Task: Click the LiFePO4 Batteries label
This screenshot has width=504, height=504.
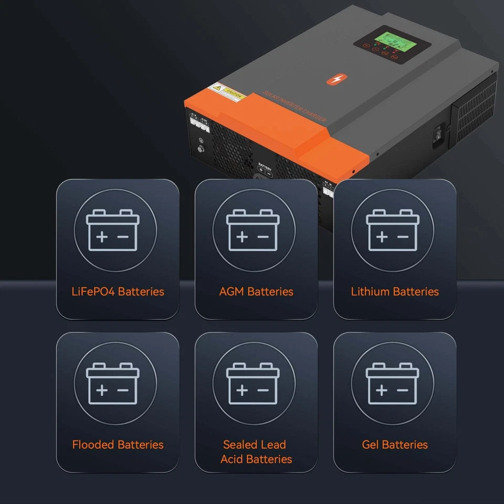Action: pyautogui.click(x=118, y=291)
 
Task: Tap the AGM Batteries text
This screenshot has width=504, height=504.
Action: pyautogui.click(x=256, y=291)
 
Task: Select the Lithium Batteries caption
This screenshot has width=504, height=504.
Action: pyautogui.click(x=395, y=291)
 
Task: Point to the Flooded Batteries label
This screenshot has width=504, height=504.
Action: pyautogui.click(x=118, y=445)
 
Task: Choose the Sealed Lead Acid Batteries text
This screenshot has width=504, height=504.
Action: pyautogui.click(x=256, y=451)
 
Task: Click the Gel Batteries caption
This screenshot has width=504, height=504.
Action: pyautogui.click(x=395, y=445)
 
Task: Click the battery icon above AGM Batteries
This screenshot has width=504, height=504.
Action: pyautogui.click(x=254, y=230)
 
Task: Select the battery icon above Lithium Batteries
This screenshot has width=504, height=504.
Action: pyautogui.click(x=392, y=230)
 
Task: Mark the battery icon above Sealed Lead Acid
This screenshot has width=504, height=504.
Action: pyautogui.click(x=254, y=383)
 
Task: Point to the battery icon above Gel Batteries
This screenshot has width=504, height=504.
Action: pyautogui.click(x=392, y=383)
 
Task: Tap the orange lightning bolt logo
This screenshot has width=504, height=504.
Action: pyautogui.click(x=333, y=80)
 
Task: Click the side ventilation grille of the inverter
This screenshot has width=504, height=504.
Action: pyautogui.click(x=475, y=110)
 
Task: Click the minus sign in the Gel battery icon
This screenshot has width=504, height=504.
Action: pyautogui.click(x=403, y=390)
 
